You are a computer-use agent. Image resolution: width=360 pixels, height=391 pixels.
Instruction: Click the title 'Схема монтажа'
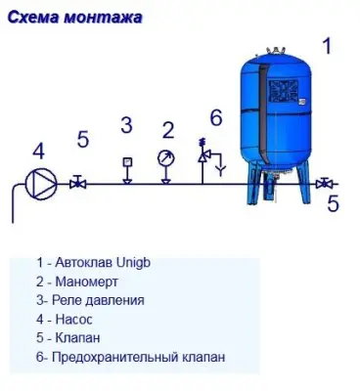pyautogui.click(x=78, y=17)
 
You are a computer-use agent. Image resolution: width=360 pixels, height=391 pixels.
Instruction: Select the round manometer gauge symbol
pyautogui.click(x=165, y=157)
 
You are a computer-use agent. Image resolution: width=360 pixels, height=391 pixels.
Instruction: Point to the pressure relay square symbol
pyautogui.click(x=126, y=161)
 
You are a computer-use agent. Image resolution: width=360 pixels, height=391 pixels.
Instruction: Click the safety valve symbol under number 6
pyautogui.click(x=205, y=154)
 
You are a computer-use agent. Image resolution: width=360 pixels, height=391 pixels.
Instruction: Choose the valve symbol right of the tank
pyautogui.click(x=326, y=183)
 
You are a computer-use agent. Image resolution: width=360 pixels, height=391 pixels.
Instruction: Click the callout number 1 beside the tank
pyautogui.click(x=328, y=45)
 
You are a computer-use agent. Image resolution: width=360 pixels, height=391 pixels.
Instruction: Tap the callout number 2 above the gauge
pyautogui.click(x=167, y=129)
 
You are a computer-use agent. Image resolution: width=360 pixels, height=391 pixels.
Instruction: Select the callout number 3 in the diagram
pyautogui.click(x=126, y=124)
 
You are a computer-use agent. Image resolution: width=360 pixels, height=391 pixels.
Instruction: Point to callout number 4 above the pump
pyautogui.click(x=38, y=151)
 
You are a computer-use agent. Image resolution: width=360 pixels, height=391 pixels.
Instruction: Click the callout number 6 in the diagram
pyautogui.click(x=216, y=117)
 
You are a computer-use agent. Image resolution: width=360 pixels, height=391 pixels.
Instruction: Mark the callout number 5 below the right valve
pyautogui.click(x=333, y=203)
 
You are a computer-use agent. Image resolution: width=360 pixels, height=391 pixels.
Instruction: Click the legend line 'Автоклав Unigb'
pyautogui.click(x=94, y=263)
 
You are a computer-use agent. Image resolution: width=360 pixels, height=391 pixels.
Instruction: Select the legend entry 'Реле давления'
pyautogui.click(x=89, y=300)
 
